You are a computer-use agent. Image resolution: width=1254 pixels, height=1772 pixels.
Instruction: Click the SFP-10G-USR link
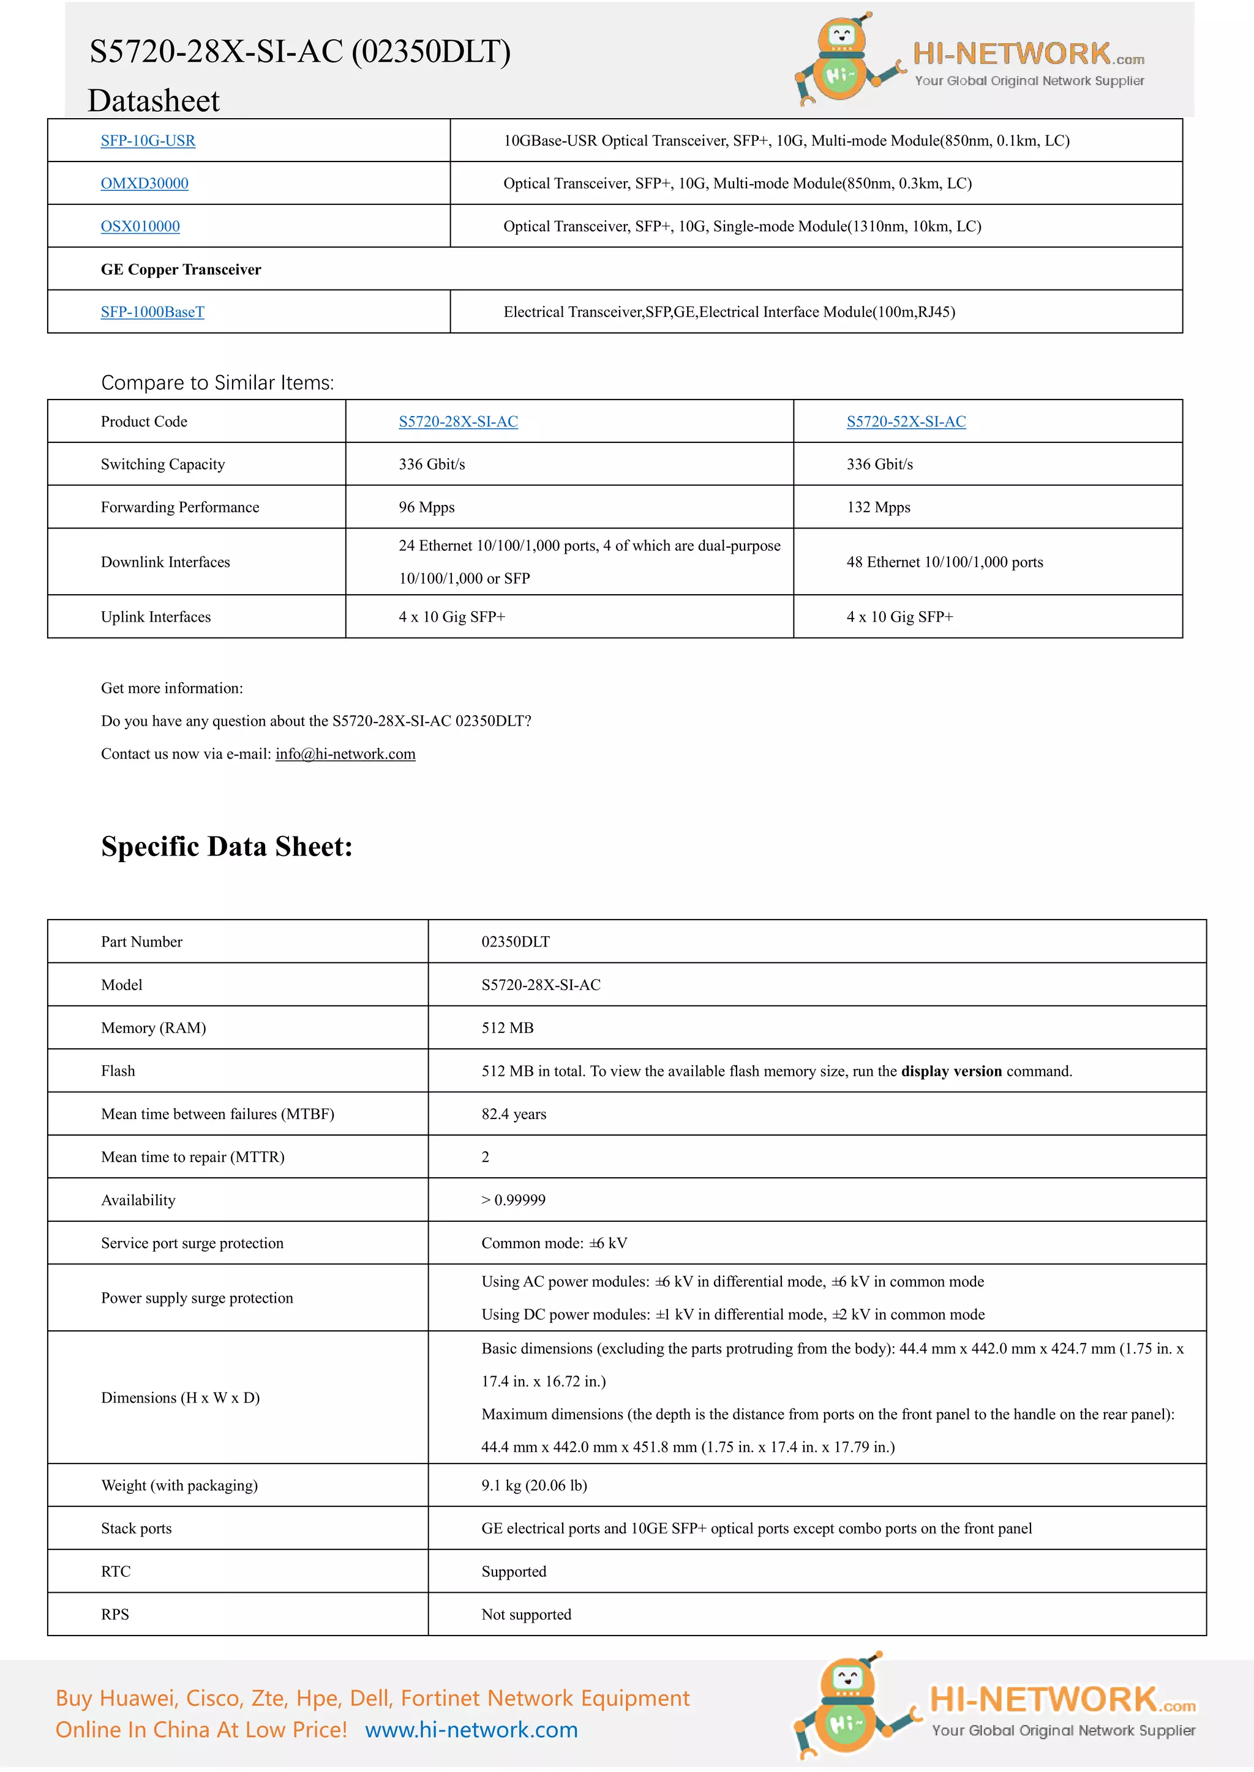pos(148,141)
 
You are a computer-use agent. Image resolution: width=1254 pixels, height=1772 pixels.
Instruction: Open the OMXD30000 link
pos(145,184)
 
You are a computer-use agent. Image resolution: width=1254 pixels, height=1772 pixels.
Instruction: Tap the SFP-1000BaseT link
pos(152,312)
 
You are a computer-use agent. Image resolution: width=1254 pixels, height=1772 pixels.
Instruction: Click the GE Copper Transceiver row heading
pos(181,269)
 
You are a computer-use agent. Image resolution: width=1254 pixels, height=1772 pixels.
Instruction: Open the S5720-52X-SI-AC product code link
pos(906,422)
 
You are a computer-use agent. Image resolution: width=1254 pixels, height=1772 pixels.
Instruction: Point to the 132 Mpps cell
pos(878,507)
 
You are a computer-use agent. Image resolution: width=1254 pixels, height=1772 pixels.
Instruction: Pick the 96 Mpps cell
pos(426,507)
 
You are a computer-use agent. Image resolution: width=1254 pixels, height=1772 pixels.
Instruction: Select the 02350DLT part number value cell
pos(515,942)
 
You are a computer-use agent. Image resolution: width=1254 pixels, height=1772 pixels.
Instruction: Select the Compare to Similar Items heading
pos(217,383)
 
